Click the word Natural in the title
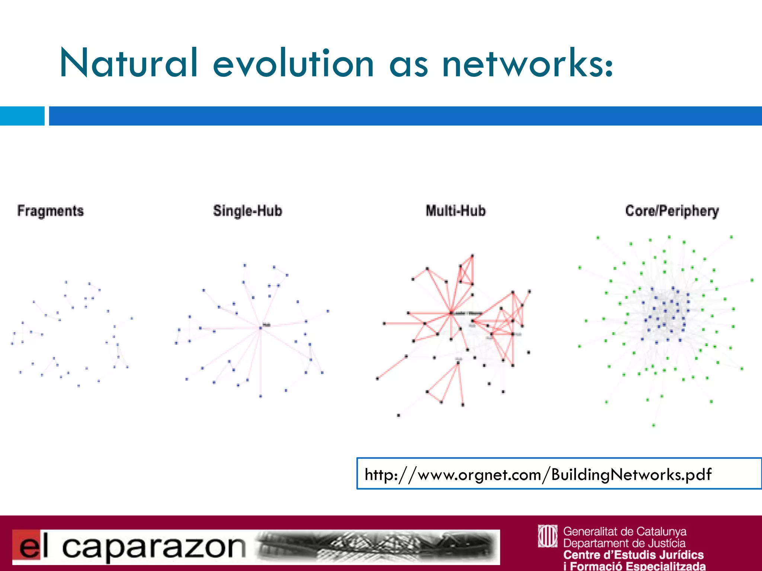[x=128, y=63]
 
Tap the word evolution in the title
[x=293, y=63]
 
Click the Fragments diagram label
[x=51, y=211]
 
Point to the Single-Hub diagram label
[x=247, y=211]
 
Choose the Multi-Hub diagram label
[x=456, y=211]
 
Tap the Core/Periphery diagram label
[x=672, y=211]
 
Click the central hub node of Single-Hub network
[x=261, y=328]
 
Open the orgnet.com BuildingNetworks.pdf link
[x=538, y=474]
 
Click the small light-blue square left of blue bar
[x=22, y=116]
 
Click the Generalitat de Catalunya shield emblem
[x=547, y=536]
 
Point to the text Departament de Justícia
[x=624, y=543]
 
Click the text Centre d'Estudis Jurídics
[x=633, y=555]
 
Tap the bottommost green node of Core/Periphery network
[x=654, y=425]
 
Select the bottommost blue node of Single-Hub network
[x=260, y=396]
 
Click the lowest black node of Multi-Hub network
[x=398, y=415]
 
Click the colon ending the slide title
[x=609, y=67]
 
